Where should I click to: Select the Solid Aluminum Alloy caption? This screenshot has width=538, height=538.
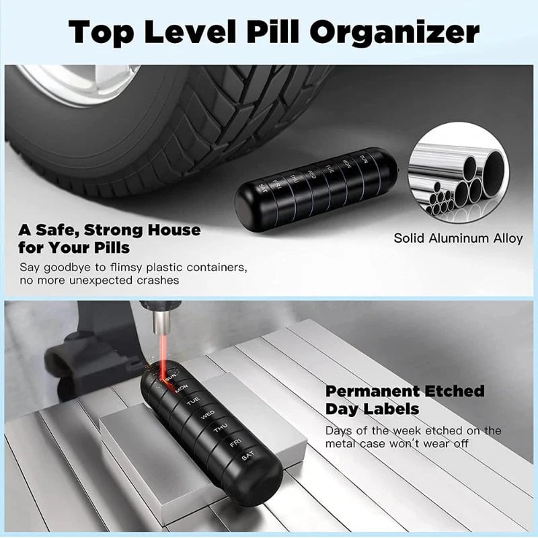(x=458, y=238)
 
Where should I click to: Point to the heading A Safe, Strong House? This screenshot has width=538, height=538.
(x=110, y=230)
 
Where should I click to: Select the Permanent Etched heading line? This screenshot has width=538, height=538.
(x=405, y=391)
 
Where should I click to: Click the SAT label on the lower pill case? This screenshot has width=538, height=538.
(x=249, y=458)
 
